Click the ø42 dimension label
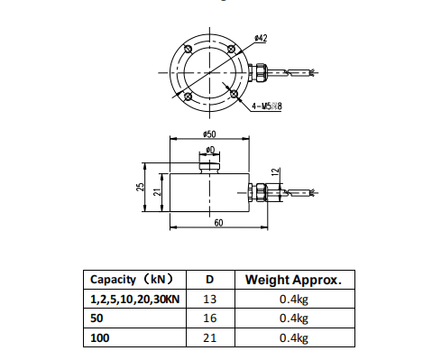[260, 38]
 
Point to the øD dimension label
[208, 149]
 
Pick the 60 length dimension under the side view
[217, 223]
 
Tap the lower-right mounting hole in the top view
[232, 95]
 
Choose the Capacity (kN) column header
[133, 279]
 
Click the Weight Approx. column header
[293, 279]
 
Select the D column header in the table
[209, 279]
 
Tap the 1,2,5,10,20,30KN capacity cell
[136, 299]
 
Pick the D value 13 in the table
[209, 299]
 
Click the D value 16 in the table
[209, 318]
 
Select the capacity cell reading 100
[99, 337]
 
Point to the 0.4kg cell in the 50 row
[293, 318]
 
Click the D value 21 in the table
[209, 337]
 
